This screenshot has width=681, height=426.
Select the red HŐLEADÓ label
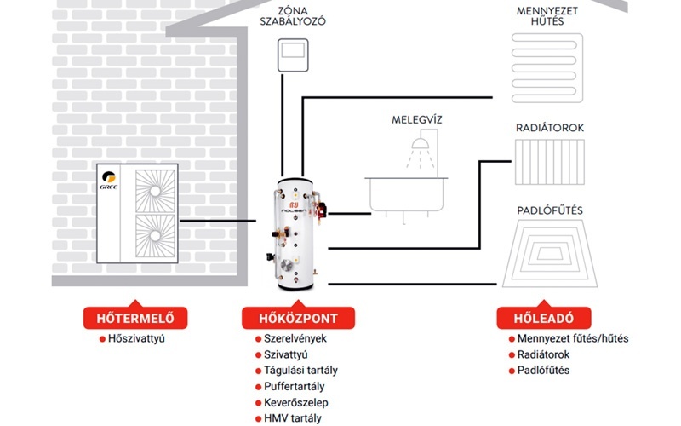pyautogui.click(x=535, y=319)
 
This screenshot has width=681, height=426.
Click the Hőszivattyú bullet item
pyautogui.click(x=135, y=338)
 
